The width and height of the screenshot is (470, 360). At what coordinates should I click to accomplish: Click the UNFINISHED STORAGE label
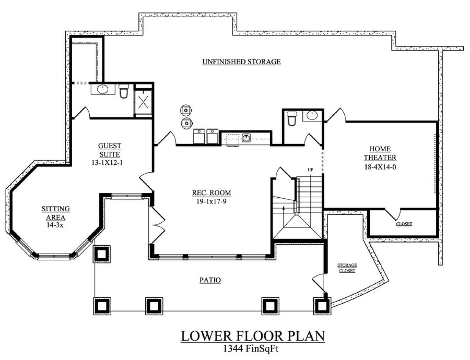click(241, 62)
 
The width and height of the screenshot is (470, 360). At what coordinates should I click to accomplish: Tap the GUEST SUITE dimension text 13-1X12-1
click(107, 162)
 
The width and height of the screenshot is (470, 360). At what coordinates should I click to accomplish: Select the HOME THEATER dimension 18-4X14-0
click(380, 167)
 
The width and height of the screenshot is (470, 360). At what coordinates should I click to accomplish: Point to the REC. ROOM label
click(211, 193)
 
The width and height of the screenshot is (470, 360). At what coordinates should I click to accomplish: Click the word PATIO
click(210, 280)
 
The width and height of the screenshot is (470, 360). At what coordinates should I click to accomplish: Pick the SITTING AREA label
click(56, 213)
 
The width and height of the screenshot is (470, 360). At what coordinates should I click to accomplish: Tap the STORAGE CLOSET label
click(347, 268)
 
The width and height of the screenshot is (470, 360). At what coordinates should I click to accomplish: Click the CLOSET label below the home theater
click(404, 224)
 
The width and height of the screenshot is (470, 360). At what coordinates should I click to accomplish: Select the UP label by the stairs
click(310, 170)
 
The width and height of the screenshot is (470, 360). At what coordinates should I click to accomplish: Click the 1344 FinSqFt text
click(251, 349)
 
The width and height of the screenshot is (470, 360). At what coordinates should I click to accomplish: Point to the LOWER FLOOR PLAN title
click(253, 336)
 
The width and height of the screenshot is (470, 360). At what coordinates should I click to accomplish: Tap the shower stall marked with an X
click(143, 102)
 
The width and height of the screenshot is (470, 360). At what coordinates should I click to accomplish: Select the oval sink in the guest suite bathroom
click(103, 89)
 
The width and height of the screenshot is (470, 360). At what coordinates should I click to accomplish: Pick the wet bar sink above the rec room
click(246, 138)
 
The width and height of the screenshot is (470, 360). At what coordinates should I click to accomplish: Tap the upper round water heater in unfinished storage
click(186, 110)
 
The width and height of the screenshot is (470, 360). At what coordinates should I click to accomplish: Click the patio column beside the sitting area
click(102, 254)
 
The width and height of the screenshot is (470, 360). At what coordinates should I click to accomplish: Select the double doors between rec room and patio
click(157, 225)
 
